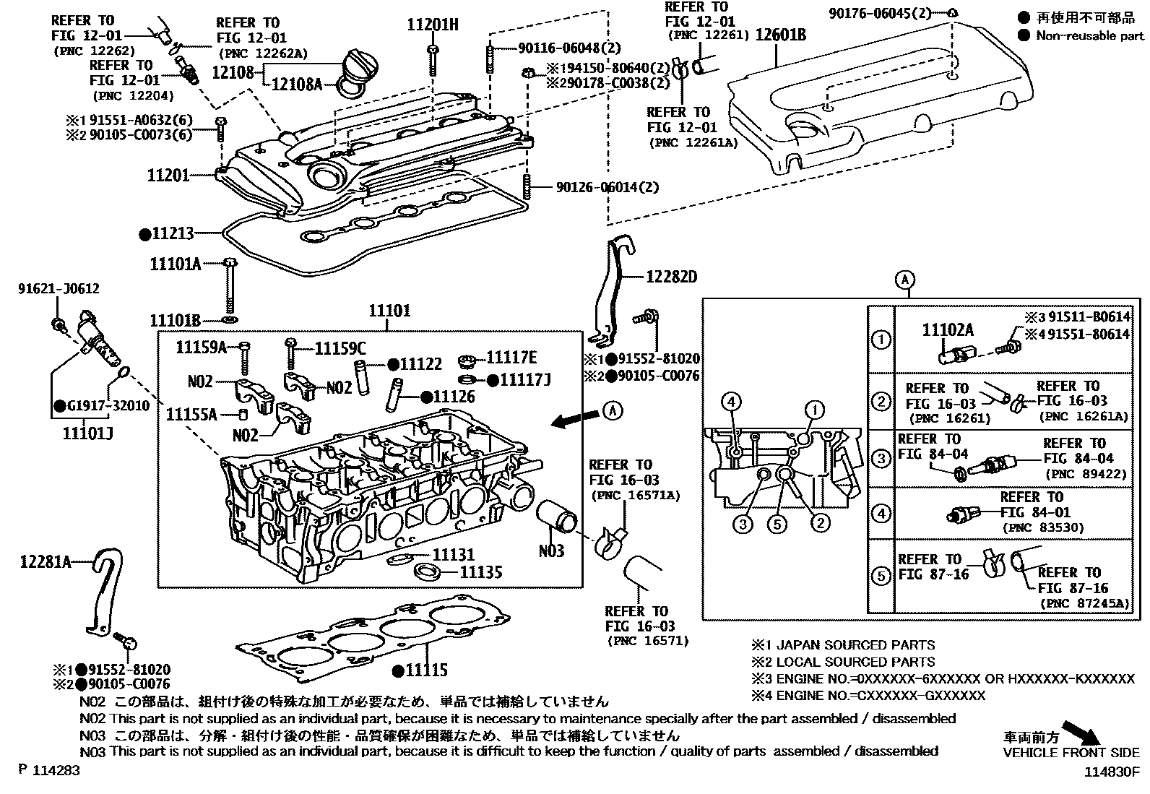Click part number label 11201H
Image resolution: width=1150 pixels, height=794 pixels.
tap(432, 25)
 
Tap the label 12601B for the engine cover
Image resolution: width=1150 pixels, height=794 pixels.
tap(781, 34)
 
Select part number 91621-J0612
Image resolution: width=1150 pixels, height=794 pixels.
tap(59, 289)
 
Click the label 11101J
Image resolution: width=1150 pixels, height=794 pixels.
tap(87, 433)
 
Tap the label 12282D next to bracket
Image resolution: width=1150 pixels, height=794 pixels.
tap(671, 277)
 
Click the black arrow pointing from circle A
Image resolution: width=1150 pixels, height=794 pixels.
tap(573, 419)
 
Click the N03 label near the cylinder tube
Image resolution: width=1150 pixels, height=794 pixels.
tap(552, 551)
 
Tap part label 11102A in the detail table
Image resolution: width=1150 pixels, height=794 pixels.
tap(948, 331)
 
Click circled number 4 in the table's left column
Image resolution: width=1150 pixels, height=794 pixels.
tap(881, 514)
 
